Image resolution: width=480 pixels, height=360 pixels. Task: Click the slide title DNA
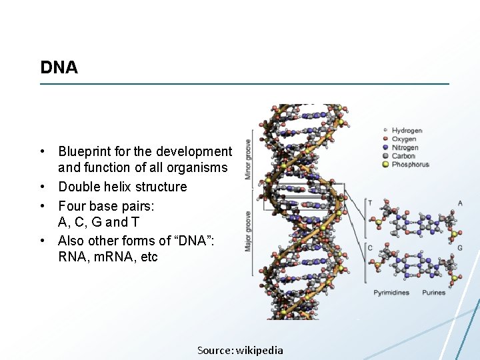[x=59, y=67]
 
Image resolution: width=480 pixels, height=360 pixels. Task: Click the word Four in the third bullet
[x=72, y=206]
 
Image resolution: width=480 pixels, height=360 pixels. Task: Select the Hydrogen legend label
[x=407, y=131]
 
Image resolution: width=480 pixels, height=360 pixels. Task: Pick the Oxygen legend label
[x=404, y=139]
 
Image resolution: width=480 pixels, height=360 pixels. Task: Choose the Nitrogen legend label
[x=405, y=148]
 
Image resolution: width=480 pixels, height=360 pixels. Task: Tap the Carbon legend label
[x=403, y=156]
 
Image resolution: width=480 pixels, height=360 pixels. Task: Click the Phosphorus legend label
[x=410, y=165]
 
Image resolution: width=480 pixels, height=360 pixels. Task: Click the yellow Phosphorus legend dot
[x=385, y=165]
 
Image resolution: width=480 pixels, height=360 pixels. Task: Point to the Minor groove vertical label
[x=248, y=159]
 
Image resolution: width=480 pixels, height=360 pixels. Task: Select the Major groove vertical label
[x=248, y=231]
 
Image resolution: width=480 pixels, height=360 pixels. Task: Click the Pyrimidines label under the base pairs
[x=391, y=293]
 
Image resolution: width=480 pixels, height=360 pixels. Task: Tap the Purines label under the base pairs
[x=434, y=293]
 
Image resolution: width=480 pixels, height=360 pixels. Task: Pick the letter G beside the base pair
[x=460, y=248]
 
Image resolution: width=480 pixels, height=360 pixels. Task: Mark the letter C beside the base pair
[x=370, y=248]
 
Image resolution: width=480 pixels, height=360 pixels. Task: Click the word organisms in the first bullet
[x=198, y=168]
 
